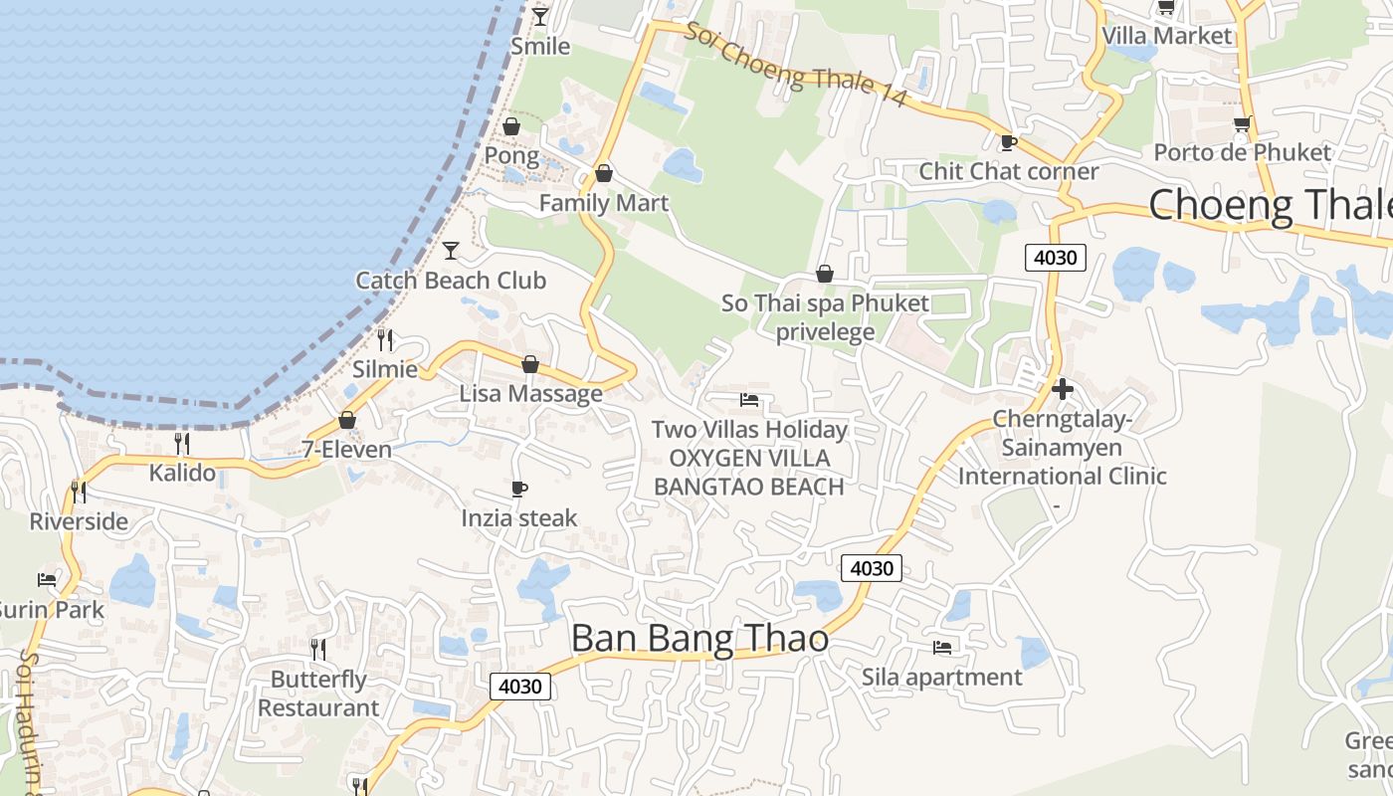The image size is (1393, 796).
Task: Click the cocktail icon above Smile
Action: pyautogui.click(x=540, y=17)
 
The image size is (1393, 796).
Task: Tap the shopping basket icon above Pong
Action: pyautogui.click(x=511, y=126)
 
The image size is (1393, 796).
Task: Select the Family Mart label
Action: pyautogui.click(x=603, y=203)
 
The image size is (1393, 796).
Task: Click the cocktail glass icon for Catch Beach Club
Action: pyautogui.click(x=451, y=250)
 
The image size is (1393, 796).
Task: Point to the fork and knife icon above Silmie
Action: pyautogui.click(x=386, y=339)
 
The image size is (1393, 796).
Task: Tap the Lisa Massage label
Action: pyautogui.click(x=530, y=394)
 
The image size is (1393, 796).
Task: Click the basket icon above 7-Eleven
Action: pyautogui.click(x=347, y=420)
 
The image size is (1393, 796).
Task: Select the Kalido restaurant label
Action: pyautogui.click(x=182, y=473)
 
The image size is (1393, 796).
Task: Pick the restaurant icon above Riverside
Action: pyautogui.click(x=79, y=492)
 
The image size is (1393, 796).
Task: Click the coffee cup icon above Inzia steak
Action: pyautogui.click(x=518, y=489)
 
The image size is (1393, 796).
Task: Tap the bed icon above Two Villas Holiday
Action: pyautogui.click(x=749, y=400)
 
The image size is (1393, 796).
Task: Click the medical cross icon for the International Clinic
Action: pyautogui.click(x=1063, y=389)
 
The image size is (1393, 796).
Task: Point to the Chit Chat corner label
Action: pyautogui.click(x=1008, y=171)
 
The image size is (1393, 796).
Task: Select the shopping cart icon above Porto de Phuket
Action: pyautogui.click(x=1242, y=124)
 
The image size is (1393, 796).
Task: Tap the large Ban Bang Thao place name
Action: pyautogui.click(x=699, y=639)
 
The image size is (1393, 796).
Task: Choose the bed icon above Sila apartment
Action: pyautogui.click(x=941, y=648)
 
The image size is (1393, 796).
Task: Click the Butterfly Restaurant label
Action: pyautogui.click(x=318, y=694)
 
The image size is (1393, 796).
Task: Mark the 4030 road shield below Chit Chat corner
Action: pyautogui.click(x=1055, y=258)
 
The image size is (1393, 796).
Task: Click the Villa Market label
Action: pyautogui.click(x=1166, y=36)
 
